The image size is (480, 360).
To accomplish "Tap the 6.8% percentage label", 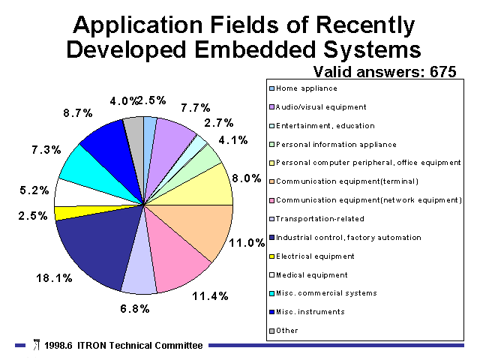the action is coord(135,308).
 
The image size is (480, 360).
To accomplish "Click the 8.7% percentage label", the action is coord(78,113).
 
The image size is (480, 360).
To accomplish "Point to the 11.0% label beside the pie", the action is coord(247,243).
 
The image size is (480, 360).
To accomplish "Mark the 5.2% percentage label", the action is coord(34,190).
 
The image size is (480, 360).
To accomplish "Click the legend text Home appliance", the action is coord(307,88).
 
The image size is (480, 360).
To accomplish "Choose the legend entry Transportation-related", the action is coord(320,219).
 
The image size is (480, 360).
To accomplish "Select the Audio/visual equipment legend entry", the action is coord(321,107).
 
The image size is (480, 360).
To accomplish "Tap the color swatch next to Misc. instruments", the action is coord(271,312).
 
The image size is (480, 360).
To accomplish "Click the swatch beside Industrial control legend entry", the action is coord(271,238).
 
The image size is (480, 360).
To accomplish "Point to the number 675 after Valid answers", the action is coord(442,72).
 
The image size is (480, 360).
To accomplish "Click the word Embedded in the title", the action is coord(255,49).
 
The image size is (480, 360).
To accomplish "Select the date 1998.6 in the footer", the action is coord(58,346).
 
